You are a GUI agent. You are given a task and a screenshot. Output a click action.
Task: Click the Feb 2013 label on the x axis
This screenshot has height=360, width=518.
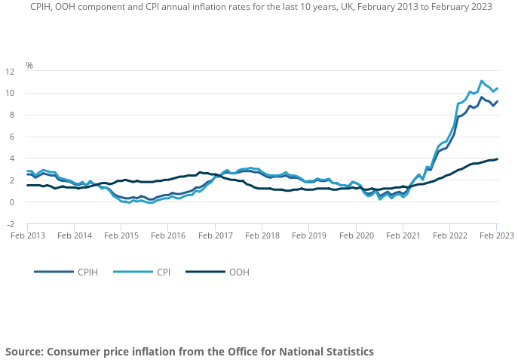(27, 235)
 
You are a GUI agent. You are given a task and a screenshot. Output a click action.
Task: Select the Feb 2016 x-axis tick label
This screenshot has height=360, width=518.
(168, 235)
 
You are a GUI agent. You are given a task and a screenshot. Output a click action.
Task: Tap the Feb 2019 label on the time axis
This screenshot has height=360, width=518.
(308, 235)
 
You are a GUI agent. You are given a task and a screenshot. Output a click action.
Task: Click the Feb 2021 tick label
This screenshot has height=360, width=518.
(403, 235)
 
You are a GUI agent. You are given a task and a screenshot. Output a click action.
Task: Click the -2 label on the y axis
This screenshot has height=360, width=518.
(10, 224)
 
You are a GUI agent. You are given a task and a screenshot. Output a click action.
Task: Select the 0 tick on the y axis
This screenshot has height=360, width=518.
(12, 202)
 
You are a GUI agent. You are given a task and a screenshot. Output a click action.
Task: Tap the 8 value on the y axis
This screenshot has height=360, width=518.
(12, 115)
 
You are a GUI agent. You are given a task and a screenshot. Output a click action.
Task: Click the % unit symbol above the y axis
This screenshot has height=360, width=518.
(29, 66)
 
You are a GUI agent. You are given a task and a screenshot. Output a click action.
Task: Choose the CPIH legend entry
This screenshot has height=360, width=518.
(84, 272)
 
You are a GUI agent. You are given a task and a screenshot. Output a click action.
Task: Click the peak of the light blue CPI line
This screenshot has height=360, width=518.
(482, 81)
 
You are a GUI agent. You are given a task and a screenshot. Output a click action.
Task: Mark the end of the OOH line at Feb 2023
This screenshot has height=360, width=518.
(497, 158)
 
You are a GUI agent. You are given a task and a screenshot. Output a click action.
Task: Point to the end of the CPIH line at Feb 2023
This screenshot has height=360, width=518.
(497, 101)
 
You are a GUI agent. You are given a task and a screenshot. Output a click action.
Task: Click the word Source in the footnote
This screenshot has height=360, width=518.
(23, 352)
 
